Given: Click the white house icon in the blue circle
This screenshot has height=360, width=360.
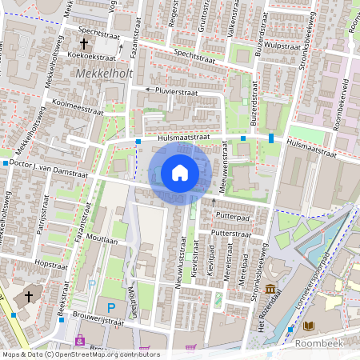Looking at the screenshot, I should click(180, 172).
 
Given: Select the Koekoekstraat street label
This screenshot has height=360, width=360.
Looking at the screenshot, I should click(94, 56).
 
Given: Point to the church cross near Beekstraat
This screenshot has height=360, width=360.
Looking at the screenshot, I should click(29, 296).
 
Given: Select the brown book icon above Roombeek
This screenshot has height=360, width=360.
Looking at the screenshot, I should click(309, 326).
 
